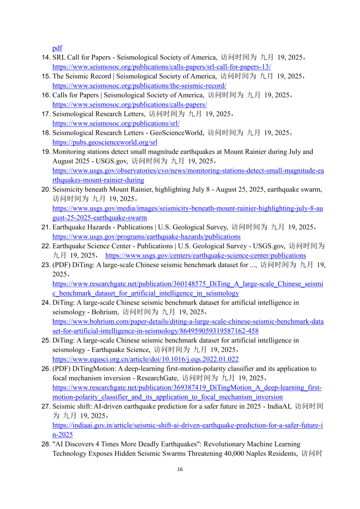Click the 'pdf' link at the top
point(57,48)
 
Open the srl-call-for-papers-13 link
point(162,66)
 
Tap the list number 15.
point(46,76)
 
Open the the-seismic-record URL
point(139,85)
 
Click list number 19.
point(46,152)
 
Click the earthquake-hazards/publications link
point(146,236)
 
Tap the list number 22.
point(46,246)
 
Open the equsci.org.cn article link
point(145,359)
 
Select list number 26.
point(46,368)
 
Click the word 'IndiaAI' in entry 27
point(276,406)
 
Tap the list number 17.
point(46,114)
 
